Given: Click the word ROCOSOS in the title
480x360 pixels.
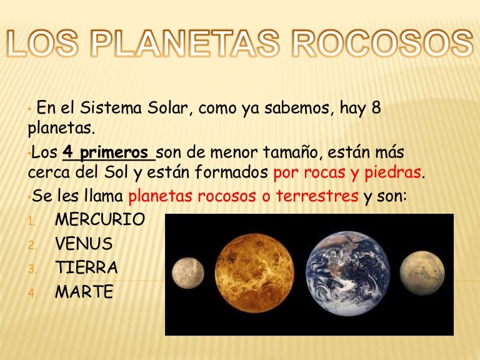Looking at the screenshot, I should click(x=383, y=44).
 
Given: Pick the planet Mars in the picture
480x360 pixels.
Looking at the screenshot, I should click(x=422, y=273).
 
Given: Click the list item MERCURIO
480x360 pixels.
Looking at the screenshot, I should click(x=100, y=220).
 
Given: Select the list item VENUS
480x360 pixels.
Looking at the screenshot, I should click(x=84, y=244).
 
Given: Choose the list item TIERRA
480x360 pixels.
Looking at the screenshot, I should click(x=86, y=267).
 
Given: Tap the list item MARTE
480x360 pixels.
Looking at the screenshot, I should click(x=84, y=291).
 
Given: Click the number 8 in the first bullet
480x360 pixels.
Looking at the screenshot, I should click(x=376, y=108).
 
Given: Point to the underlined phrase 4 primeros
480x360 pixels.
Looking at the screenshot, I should click(x=106, y=153).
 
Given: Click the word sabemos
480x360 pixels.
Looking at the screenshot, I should click(x=302, y=108).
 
